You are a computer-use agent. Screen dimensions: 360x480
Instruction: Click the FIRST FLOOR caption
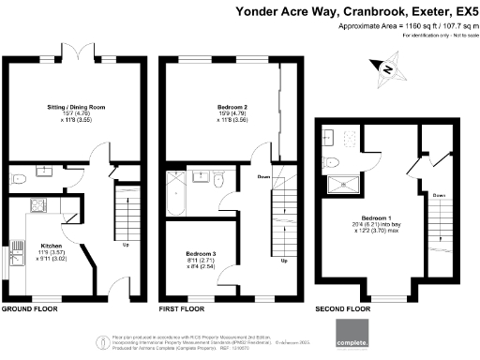183,308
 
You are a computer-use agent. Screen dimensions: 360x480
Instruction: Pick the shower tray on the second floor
341,185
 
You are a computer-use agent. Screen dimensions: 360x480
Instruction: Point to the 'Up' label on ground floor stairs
125,247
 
